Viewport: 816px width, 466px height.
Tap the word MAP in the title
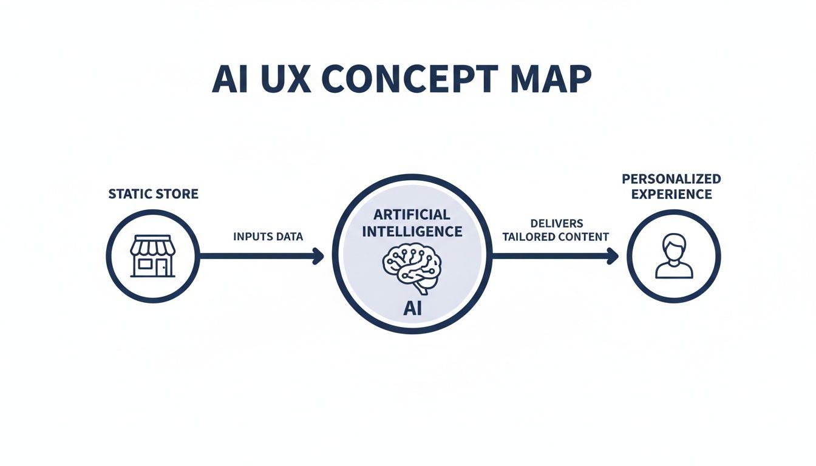pos(549,79)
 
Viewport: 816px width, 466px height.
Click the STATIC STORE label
pos(153,195)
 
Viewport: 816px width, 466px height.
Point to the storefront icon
pos(153,256)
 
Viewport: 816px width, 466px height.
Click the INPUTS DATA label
pos(268,237)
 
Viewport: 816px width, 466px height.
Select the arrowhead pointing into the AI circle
pos(318,256)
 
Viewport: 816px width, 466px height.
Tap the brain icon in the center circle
pos(412,267)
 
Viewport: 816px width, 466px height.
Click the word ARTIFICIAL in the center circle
pos(412,215)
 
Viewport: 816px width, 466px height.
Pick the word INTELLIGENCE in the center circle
pos(412,231)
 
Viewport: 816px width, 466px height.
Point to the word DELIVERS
pos(556,223)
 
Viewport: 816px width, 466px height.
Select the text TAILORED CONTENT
pos(556,237)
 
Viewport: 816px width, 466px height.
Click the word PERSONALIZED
pos(671,179)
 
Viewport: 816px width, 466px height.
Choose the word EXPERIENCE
pos(671,194)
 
